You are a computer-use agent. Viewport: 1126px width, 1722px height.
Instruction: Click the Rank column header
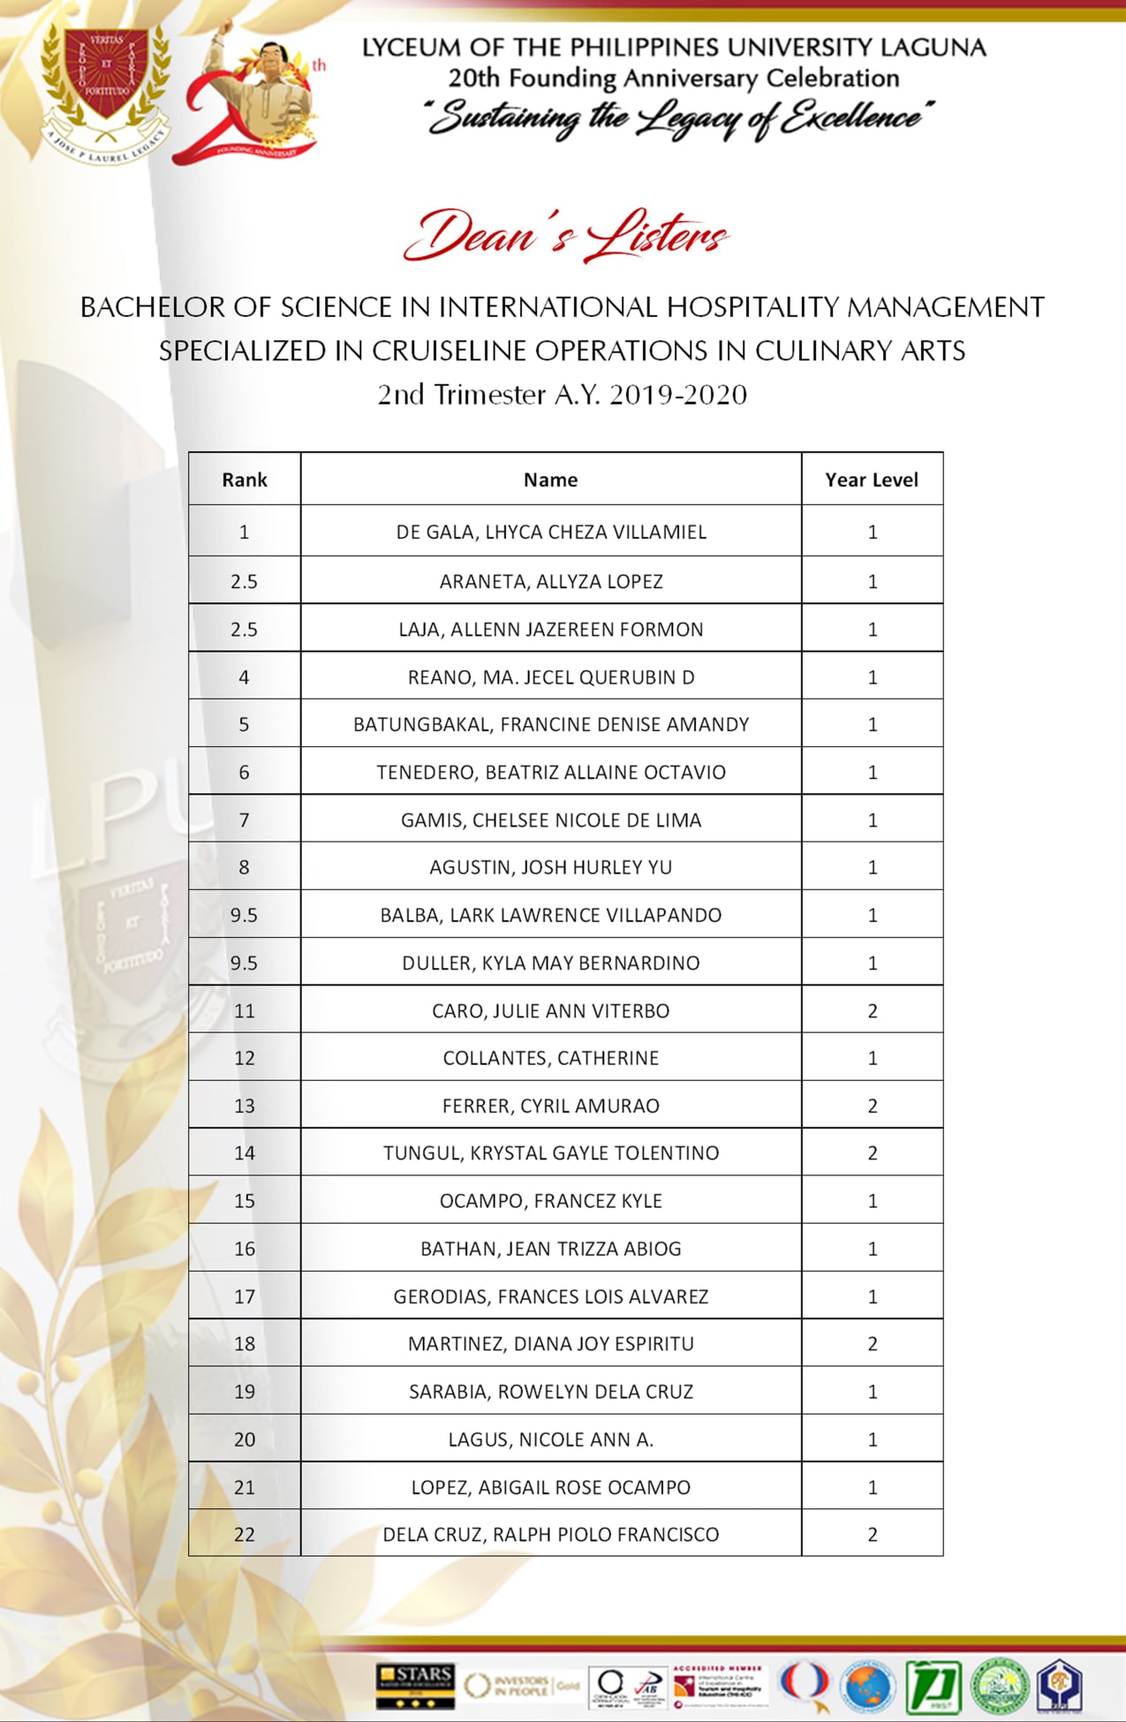245,480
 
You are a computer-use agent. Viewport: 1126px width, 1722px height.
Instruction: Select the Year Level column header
872,480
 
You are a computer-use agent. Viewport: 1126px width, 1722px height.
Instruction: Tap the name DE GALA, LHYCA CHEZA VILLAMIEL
551,532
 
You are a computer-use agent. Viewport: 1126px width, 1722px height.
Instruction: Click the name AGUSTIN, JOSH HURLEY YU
551,867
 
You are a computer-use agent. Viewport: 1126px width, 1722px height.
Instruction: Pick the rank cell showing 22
245,1534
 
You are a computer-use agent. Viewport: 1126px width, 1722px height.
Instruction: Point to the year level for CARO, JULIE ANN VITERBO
873,1010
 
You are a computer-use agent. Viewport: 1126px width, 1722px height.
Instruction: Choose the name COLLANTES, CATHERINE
551,1058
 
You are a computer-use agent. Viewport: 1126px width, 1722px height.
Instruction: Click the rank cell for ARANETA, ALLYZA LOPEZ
245,581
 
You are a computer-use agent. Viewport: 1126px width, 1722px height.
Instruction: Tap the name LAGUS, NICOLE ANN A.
551,1439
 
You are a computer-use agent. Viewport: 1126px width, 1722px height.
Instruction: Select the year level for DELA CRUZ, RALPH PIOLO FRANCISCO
873,1534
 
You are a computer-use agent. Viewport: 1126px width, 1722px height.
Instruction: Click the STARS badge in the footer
414,1685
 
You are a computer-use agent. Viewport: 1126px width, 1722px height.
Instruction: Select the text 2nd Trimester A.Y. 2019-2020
563,394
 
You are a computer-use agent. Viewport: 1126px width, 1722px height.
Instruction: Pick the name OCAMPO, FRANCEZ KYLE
551,1201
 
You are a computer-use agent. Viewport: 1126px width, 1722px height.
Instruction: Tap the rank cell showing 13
245,1106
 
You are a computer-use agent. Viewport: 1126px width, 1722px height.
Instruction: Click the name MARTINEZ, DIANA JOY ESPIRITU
551,1344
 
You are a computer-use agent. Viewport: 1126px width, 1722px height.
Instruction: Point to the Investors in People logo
521,1685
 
